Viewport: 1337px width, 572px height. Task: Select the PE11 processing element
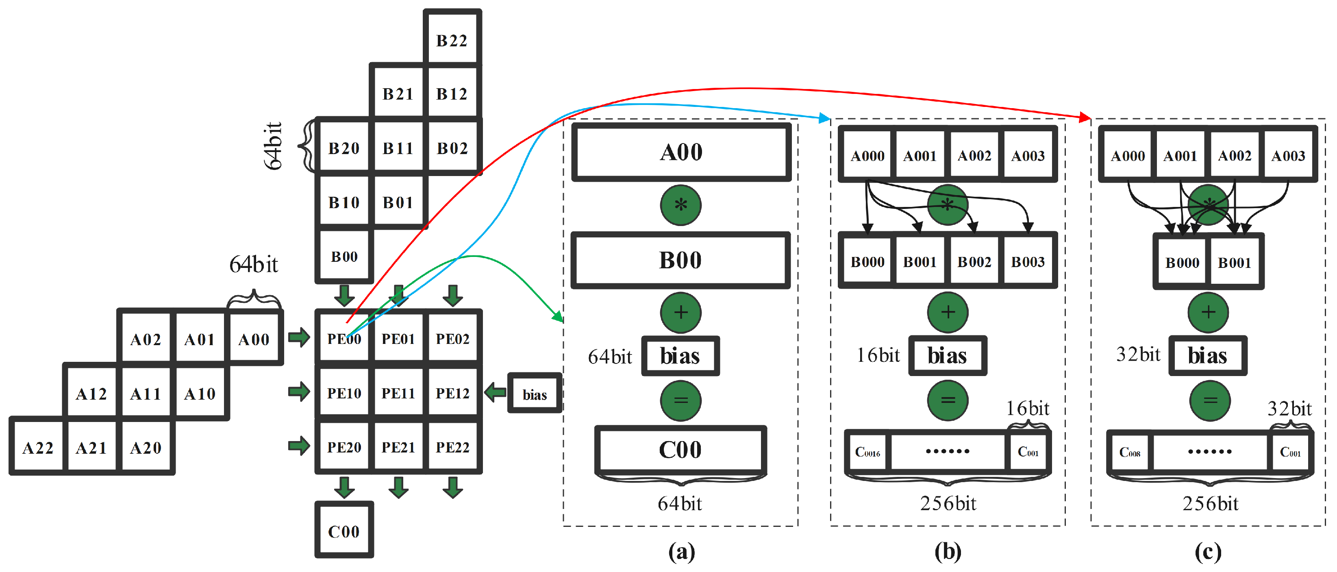pyautogui.click(x=398, y=393)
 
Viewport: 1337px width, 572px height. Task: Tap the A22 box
pyautogui.click(x=37, y=448)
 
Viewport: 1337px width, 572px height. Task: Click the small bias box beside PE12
pyautogui.click(x=534, y=394)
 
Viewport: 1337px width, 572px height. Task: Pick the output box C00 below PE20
pyautogui.click(x=343, y=531)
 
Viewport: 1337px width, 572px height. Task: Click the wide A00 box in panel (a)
pyautogui.click(x=681, y=152)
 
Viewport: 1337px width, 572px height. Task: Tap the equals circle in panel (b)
pyautogui.click(x=947, y=400)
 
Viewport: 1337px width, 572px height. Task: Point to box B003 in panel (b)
pyautogui.click(x=1028, y=261)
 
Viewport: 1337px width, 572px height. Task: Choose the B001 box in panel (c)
pyautogui.click(x=1234, y=262)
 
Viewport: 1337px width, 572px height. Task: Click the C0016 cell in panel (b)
pyautogui.click(x=867, y=452)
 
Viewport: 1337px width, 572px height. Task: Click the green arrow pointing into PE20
pyautogui.click(x=299, y=445)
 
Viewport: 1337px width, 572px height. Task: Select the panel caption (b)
pyautogui.click(x=947, y=551)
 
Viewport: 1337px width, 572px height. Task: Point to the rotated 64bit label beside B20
pyautogui.click(x=273, y=146)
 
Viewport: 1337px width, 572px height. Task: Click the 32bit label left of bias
pyautogui.click(x=1138, y=354)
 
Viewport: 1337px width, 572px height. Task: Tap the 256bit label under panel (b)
pyautogui.click(x=948, y=503)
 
